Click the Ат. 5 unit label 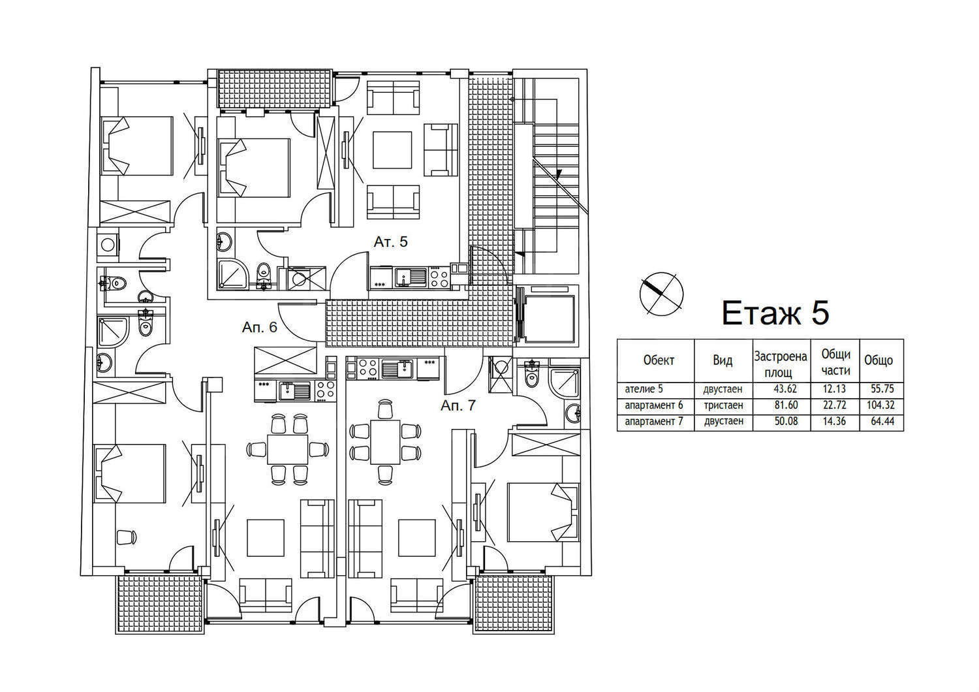390,242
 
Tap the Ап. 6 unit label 260,328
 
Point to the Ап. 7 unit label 458,405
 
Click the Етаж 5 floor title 775,313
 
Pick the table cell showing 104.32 880,405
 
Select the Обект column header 659,360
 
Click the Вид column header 723,360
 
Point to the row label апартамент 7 654,422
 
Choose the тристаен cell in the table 723,405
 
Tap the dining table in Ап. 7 385,442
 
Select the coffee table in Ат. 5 392,150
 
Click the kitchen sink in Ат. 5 411,277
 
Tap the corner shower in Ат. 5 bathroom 232,275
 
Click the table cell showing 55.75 882,389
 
